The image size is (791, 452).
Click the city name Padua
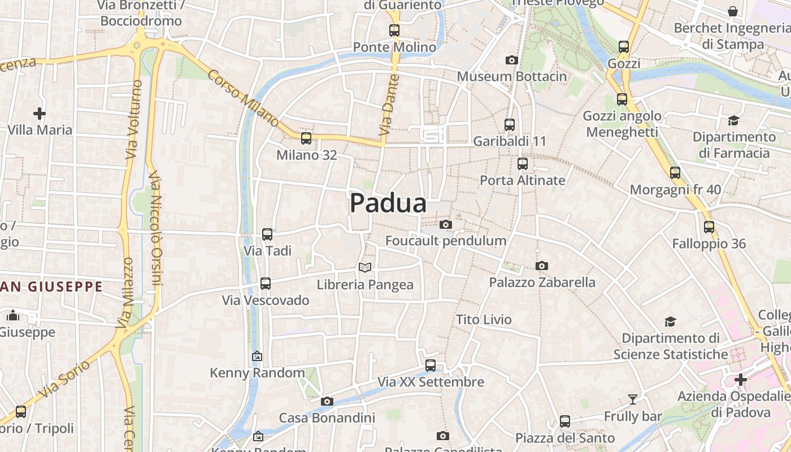(388, 203)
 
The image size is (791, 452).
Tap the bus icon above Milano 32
(306, 138)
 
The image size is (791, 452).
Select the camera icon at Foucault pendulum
(445, 225)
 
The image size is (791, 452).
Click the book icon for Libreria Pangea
(365, 267)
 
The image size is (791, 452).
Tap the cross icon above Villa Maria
(40, 114)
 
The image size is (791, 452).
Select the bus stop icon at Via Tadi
(267, 234)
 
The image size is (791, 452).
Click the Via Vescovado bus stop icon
(266, 284)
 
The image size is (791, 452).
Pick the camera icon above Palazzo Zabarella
(541, 266)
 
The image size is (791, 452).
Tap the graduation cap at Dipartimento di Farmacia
(733, 120)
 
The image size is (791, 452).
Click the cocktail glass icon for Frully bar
(632, 400)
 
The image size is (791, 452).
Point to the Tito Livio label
(484, 319)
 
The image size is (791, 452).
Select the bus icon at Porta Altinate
(523, 164)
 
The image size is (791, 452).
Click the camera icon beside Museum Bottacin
(511, 60)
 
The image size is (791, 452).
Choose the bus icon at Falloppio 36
(709, 227)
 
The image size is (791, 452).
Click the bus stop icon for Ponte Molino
(394, 31)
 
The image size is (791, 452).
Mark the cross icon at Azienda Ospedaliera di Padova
(741, 380)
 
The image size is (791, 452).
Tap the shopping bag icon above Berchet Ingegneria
(733, 11)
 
